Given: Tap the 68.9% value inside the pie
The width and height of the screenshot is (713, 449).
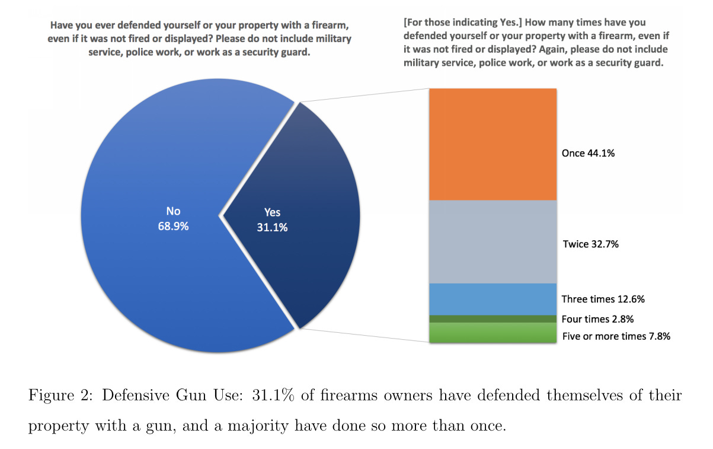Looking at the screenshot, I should pyautogui.click(x=173, y=226).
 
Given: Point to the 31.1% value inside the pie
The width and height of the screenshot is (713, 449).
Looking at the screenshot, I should pyautogui.click(x=272, y=227).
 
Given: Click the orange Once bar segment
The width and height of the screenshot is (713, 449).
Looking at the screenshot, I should pyautogui.click(x=493, y=144).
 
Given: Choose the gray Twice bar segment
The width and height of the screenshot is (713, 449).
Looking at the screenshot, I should pyautogui.click(x=493, y=241).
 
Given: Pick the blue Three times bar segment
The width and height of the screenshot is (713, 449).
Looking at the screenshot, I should pyautogui.click(x=493, y=299).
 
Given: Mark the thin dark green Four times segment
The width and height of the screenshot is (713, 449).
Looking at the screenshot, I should pyautogui.click(x=493, y=319).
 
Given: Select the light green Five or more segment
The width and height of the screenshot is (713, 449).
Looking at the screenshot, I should pyautogui.click(x=493, y=333).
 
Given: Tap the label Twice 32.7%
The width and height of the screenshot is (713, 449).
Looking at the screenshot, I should pyautogui.click(x=590, y=243).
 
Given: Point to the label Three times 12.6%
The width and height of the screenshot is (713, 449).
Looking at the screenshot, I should pyautogui.click(x=603, y=299).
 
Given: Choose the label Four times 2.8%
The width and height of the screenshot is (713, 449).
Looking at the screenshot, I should pyautogui.click(x=597, y=319).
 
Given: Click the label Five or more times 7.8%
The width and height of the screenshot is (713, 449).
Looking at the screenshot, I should pyautogui.click(x=616, y=336).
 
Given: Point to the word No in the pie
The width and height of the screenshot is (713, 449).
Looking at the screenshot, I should pyautogui.click(x=173, y=211).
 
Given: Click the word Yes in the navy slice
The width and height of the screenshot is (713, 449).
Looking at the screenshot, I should pyautogui.click(x=272, y=212).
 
